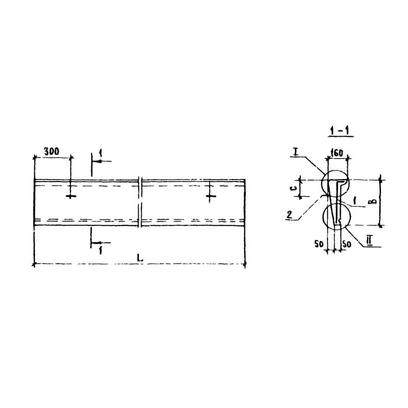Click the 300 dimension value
pyautogui.click(x=52, y=151)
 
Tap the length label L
pyautogui.click(x=140, y=258)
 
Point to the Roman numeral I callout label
pyautogui.click(x=295, y=151)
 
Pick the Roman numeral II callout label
pyautogui.click(x=369, y=241)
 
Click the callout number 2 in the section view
pyautogui.click(x=289, y=215)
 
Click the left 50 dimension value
pyautogui.click(x=319, y=244)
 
